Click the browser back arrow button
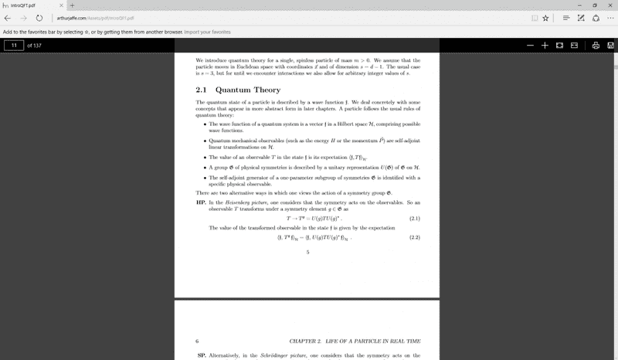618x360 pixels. [8, 18]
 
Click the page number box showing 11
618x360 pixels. [14, 46]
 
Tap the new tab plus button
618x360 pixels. [70, 5]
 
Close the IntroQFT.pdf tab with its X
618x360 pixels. [60, 5]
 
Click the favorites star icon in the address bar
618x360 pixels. [545, 18]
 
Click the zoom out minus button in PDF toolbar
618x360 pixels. [531, 46]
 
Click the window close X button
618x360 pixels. [610, 5]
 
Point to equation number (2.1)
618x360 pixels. [414, 219]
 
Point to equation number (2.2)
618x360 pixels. [414, 237]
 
